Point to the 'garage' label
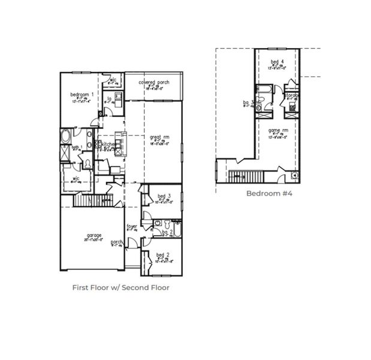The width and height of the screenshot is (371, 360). (93, 235)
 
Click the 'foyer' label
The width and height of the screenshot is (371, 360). (132, 227)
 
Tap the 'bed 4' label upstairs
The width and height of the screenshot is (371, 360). (276, 62)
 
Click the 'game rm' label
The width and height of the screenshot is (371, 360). (278, 130)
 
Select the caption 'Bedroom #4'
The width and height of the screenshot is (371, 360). (269, 193)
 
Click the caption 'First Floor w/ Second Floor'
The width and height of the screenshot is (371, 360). (120, 287)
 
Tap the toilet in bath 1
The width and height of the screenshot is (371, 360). (88, 163)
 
